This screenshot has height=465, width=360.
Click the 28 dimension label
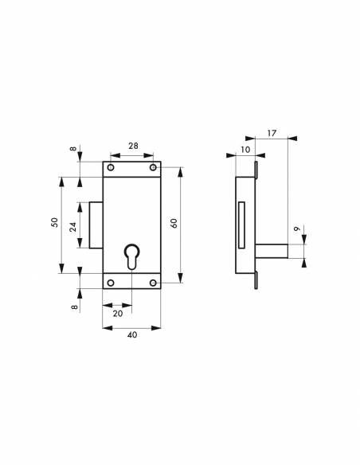tap(132, 147)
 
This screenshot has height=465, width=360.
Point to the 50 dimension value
tap(54, 224)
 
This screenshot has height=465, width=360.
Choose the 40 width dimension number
tap(132, 335)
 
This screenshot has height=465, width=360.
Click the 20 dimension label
tap(118, 313)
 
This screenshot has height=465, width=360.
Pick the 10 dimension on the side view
tap(244, 150)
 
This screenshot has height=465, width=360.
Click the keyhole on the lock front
tap(132, 259)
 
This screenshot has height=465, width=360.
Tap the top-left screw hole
tap(111, 169)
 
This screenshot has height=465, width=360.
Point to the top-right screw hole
tap(154, 169)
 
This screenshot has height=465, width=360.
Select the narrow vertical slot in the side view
tap(241, 225)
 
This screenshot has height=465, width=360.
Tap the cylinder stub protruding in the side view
tap(270, 252)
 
